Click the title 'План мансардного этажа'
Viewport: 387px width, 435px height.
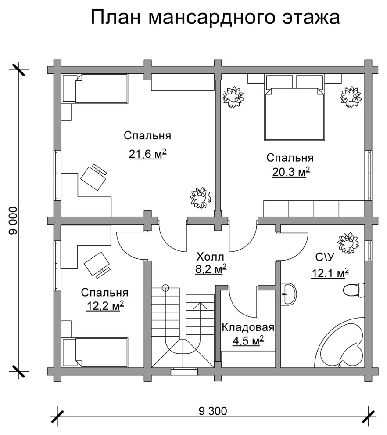tap(215, 18)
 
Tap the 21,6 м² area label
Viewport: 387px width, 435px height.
tap(148, 153)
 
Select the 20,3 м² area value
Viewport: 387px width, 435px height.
tap(291, 172)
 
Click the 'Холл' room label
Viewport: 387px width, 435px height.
tap(210, 257)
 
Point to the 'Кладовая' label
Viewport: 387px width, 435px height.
tap(248, 327)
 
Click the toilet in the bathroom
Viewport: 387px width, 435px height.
tap(354, 290)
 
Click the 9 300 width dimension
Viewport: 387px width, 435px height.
tap(213, 411)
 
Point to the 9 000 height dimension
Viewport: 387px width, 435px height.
tap(13, 221)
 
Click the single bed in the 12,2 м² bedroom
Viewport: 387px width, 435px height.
tap(95, 352)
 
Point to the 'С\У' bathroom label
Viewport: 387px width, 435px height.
tap(325, 257)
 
